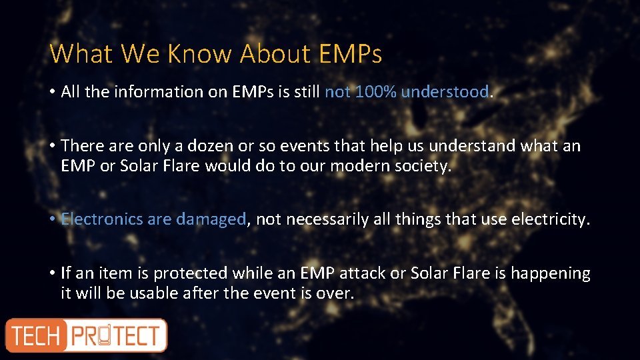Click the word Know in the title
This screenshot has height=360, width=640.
pyautogui.click(x=199, y=53)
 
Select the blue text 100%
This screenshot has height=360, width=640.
pyautogui.click(x=376, y=92)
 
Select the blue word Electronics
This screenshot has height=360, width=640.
pyautogui.click(x=101, y=219)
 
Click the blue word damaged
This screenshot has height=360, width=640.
pyautogui.click(x=211, y=219)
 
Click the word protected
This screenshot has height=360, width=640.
pyautogui.click(x=189, y=273)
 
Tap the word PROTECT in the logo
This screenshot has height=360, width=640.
pyautogui.click(x=116, y=335)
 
